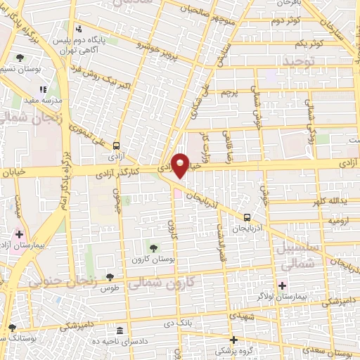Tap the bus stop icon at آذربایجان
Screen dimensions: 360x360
click(247, 217)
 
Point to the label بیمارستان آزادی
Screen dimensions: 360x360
click(21, 246)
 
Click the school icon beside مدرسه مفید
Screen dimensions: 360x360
click(42, 89)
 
